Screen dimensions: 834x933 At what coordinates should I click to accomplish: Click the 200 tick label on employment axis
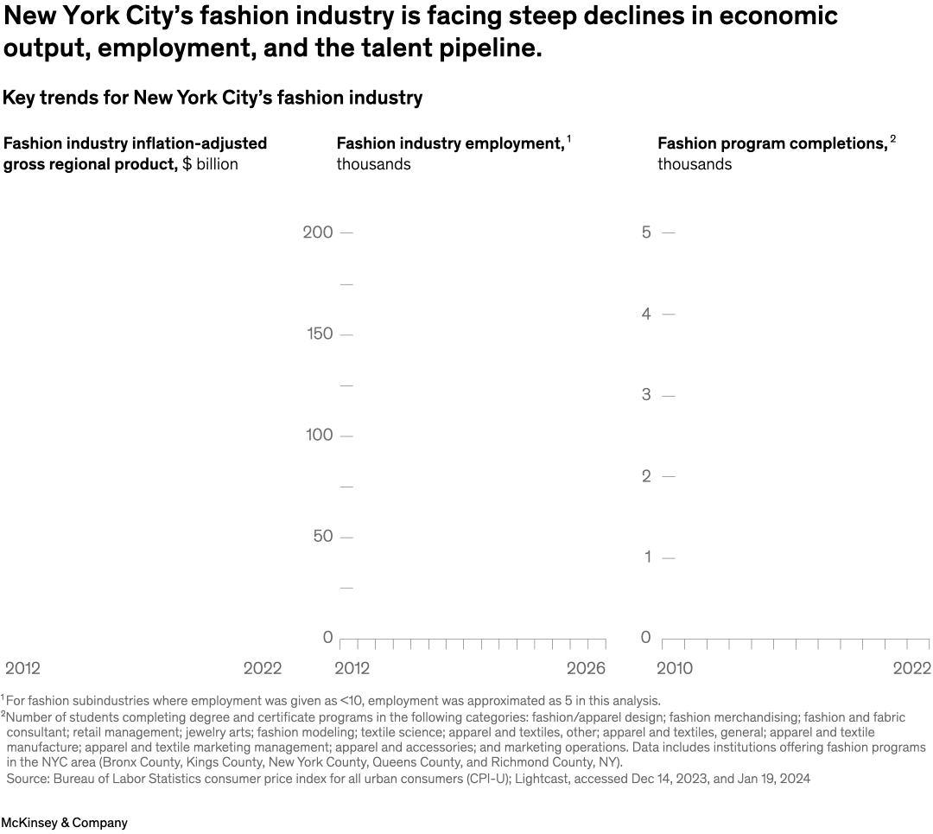tap(318, 232)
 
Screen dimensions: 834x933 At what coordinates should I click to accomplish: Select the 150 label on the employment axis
tap(319, 334)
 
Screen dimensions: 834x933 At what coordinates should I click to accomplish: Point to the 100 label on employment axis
tap(319, 435)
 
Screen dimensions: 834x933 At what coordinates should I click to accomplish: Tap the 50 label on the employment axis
tap(321, 537)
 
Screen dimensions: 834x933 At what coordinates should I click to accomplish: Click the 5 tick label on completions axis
tap(645, 232)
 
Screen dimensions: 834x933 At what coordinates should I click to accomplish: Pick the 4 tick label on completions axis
tap(645, 314)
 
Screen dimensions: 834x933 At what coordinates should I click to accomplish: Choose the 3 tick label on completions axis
tap(645, 395)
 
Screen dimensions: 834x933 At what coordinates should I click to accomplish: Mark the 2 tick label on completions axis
tap(645, 476)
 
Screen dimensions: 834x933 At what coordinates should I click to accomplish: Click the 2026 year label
tap(586, 668)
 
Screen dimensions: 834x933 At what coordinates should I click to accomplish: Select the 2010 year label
tap(676, 668)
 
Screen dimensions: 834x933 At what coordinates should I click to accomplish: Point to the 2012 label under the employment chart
tap(352, 668)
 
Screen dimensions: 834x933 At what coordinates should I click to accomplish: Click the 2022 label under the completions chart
tap(911, 668)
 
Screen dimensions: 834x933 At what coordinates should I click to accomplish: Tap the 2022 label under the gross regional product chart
tap(263, 668)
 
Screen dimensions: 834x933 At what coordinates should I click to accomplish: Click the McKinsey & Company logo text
tap(64, 823)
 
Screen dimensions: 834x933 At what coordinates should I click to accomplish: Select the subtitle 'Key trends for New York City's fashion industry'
tap(213, 98)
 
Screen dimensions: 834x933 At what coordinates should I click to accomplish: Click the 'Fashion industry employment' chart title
tap(450, 143)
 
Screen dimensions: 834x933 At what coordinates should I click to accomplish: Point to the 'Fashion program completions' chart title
tap(772, 143)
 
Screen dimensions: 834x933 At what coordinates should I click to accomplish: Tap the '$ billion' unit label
tap(210, 164)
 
